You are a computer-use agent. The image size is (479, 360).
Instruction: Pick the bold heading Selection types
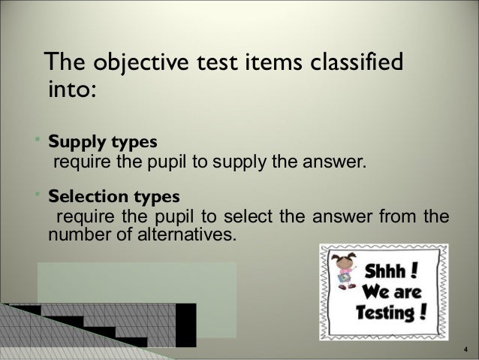[x=114, y=198]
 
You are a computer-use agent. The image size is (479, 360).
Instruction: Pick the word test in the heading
[x=214, y=62]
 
